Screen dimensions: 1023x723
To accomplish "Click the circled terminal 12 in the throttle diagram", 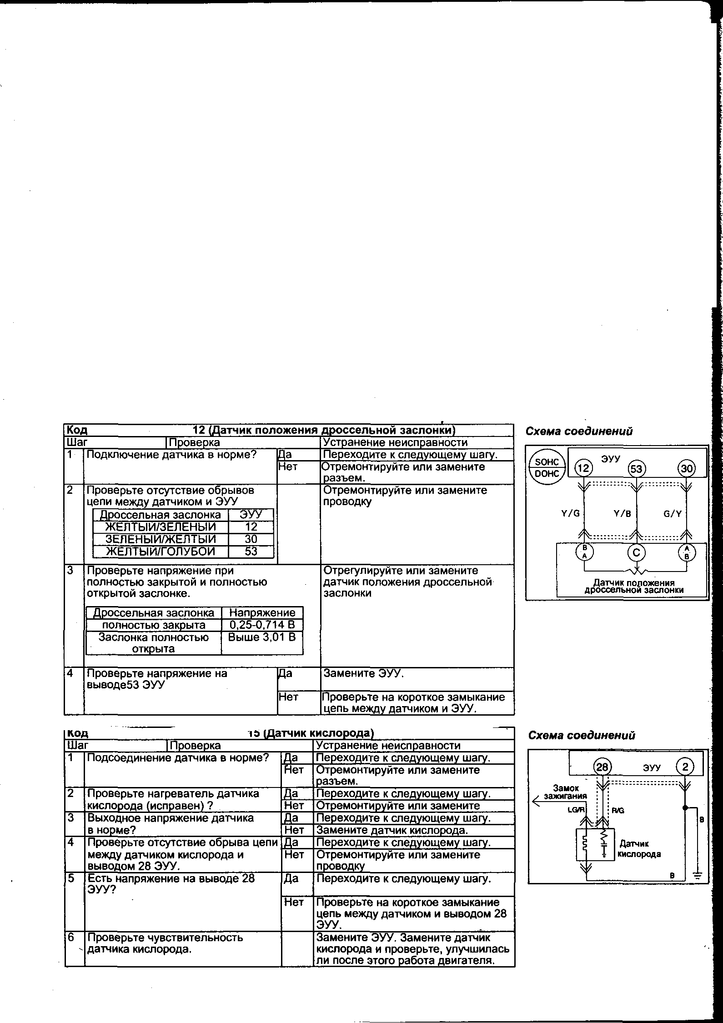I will coord(583,468).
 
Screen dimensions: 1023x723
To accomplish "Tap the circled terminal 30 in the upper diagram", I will coord(687,468).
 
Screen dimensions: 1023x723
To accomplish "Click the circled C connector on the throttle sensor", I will coord(637,553).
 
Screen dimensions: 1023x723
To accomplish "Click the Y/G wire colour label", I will coord(571,514).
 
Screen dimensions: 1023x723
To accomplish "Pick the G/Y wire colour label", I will coord(673,514).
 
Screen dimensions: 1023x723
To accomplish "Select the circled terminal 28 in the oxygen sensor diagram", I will coord(602,767).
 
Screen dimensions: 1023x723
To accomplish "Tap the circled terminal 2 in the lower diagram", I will coord(685,767).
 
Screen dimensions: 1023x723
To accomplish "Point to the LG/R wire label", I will coord(574,810).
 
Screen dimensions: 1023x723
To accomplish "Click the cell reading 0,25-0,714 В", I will coord(262,625).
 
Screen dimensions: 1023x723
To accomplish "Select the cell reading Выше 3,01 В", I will coord(262,637).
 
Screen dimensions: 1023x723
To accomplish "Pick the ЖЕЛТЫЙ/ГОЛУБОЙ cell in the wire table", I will coord(160,552).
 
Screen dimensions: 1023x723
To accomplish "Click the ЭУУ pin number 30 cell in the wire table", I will coord(251,539).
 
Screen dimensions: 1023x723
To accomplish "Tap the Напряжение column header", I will coord(262,612).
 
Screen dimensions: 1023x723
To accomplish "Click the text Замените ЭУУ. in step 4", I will coord(363,673).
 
